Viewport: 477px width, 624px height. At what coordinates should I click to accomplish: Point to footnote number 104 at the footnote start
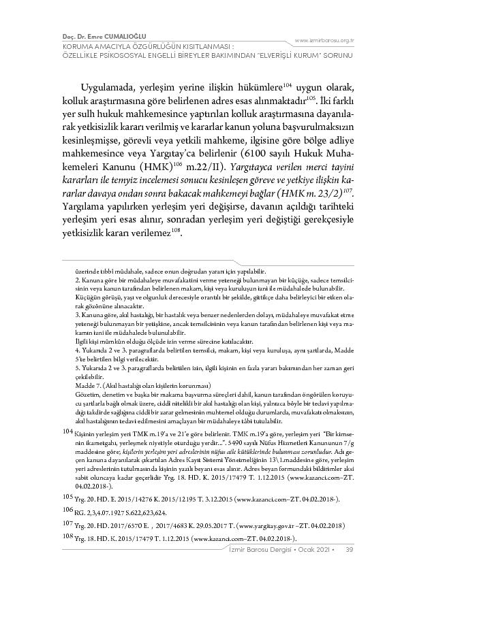(x=66, y=431)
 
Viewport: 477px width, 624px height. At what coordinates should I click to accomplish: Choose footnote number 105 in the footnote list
(x=66, y=497)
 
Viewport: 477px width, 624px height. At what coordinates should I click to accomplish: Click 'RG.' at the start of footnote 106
(x=80, y=512)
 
